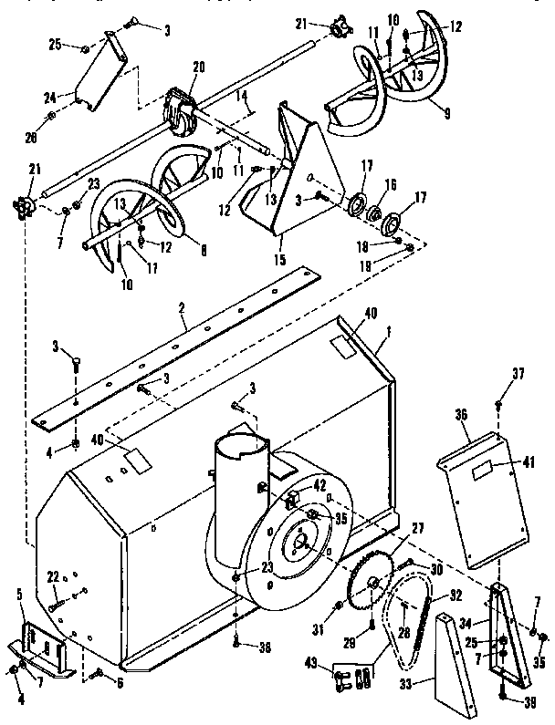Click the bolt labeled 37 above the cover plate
click(498, 404)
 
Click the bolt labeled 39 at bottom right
click(503, 698)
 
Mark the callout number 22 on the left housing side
click(53, 575)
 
